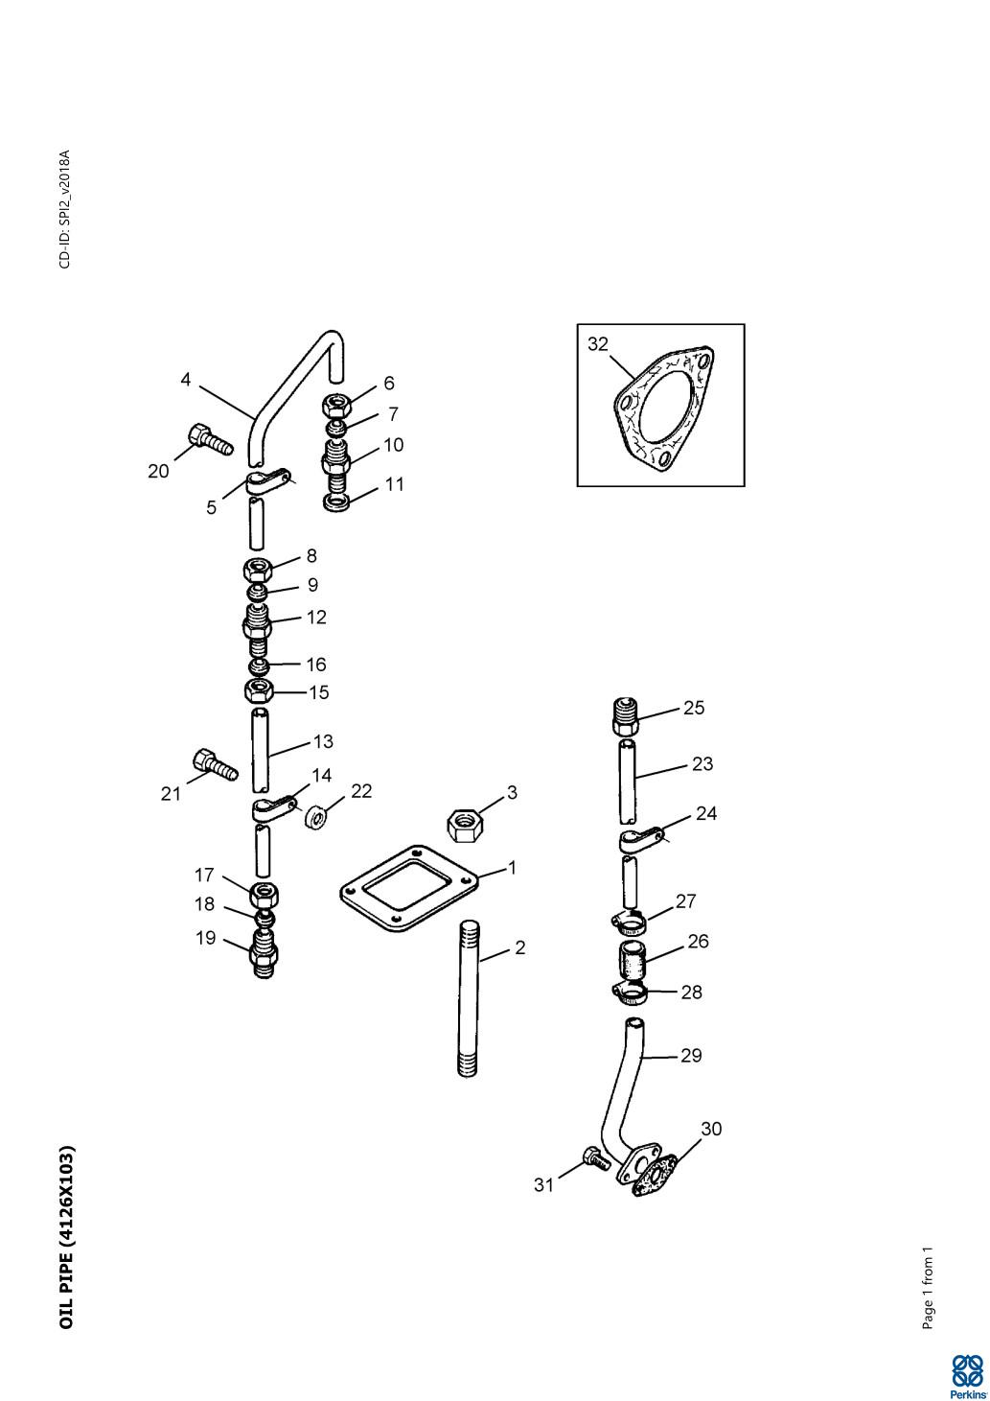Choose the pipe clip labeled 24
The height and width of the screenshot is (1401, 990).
[x=639, y=838]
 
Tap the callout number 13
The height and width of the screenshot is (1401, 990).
[x=323, y=741]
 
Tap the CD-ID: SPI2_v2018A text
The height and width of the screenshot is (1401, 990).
[x=65, y=209]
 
